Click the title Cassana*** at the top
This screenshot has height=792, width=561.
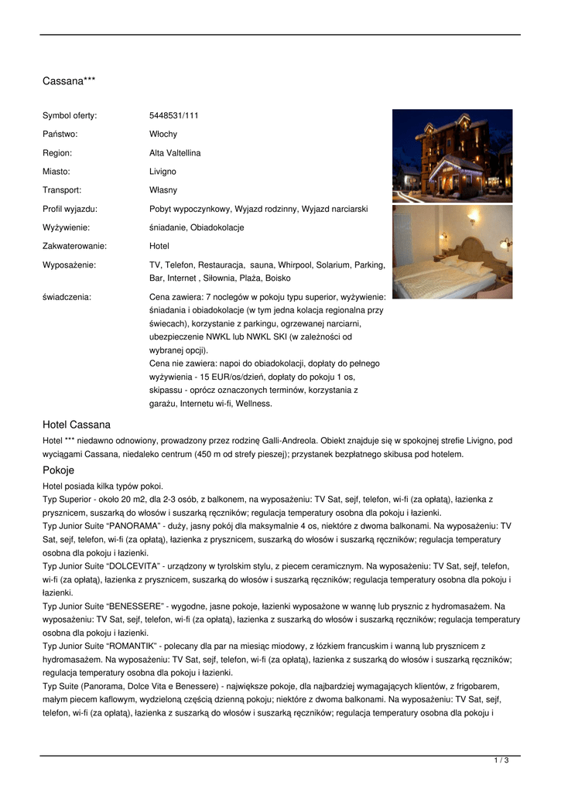(69, 80)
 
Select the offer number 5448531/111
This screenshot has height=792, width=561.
(173, 115)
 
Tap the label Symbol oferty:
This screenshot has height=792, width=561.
(70, 115)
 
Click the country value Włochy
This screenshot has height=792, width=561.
(162, 134)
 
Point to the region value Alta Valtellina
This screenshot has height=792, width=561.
(174, 153)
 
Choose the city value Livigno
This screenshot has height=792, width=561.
(162, 172)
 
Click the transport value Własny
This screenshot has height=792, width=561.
(162, 190)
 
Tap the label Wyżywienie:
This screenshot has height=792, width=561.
(66, 227)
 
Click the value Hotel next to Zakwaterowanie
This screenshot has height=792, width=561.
(159, 246)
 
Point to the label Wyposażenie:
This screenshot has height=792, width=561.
(67, 265)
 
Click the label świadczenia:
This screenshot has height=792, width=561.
(67, 296)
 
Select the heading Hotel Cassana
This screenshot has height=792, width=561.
(77, 425)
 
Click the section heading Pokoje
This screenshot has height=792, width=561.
(58, 470)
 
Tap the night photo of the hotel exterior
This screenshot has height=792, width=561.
(452, 155)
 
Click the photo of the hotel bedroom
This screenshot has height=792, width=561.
(452, 251)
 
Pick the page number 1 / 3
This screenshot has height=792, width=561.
(501, 761)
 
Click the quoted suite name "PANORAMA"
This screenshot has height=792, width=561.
(122, 526)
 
